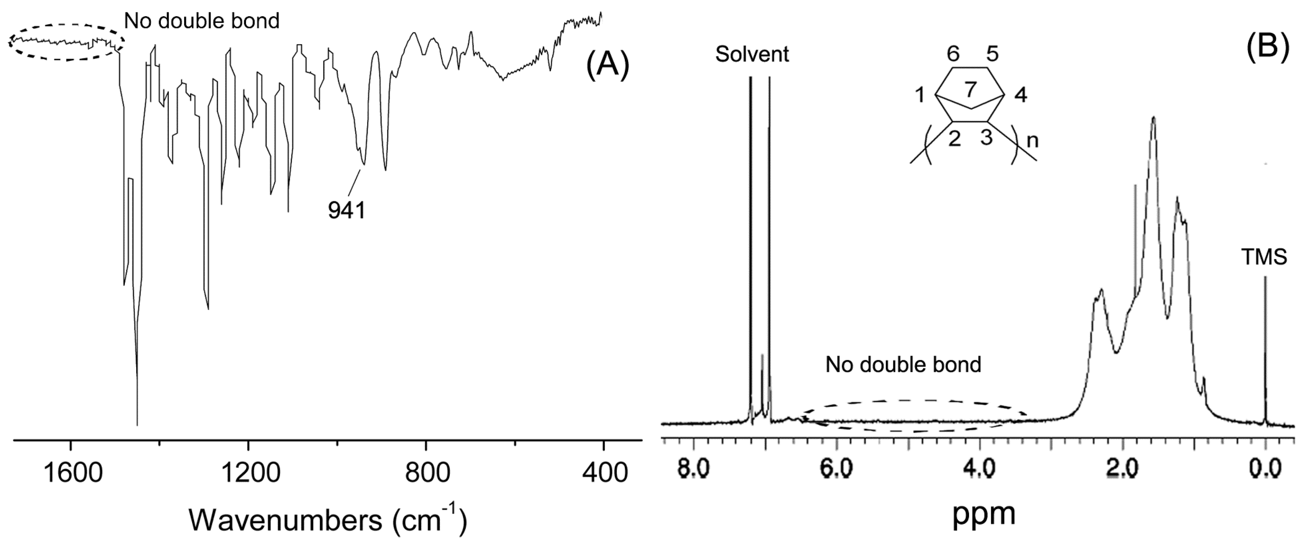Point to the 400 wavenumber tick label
[603, 473]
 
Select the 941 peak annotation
[347, 210]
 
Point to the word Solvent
[752, 54]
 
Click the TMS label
[1264, 258]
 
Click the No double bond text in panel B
[903, 365]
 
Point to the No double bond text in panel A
[202, 21]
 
